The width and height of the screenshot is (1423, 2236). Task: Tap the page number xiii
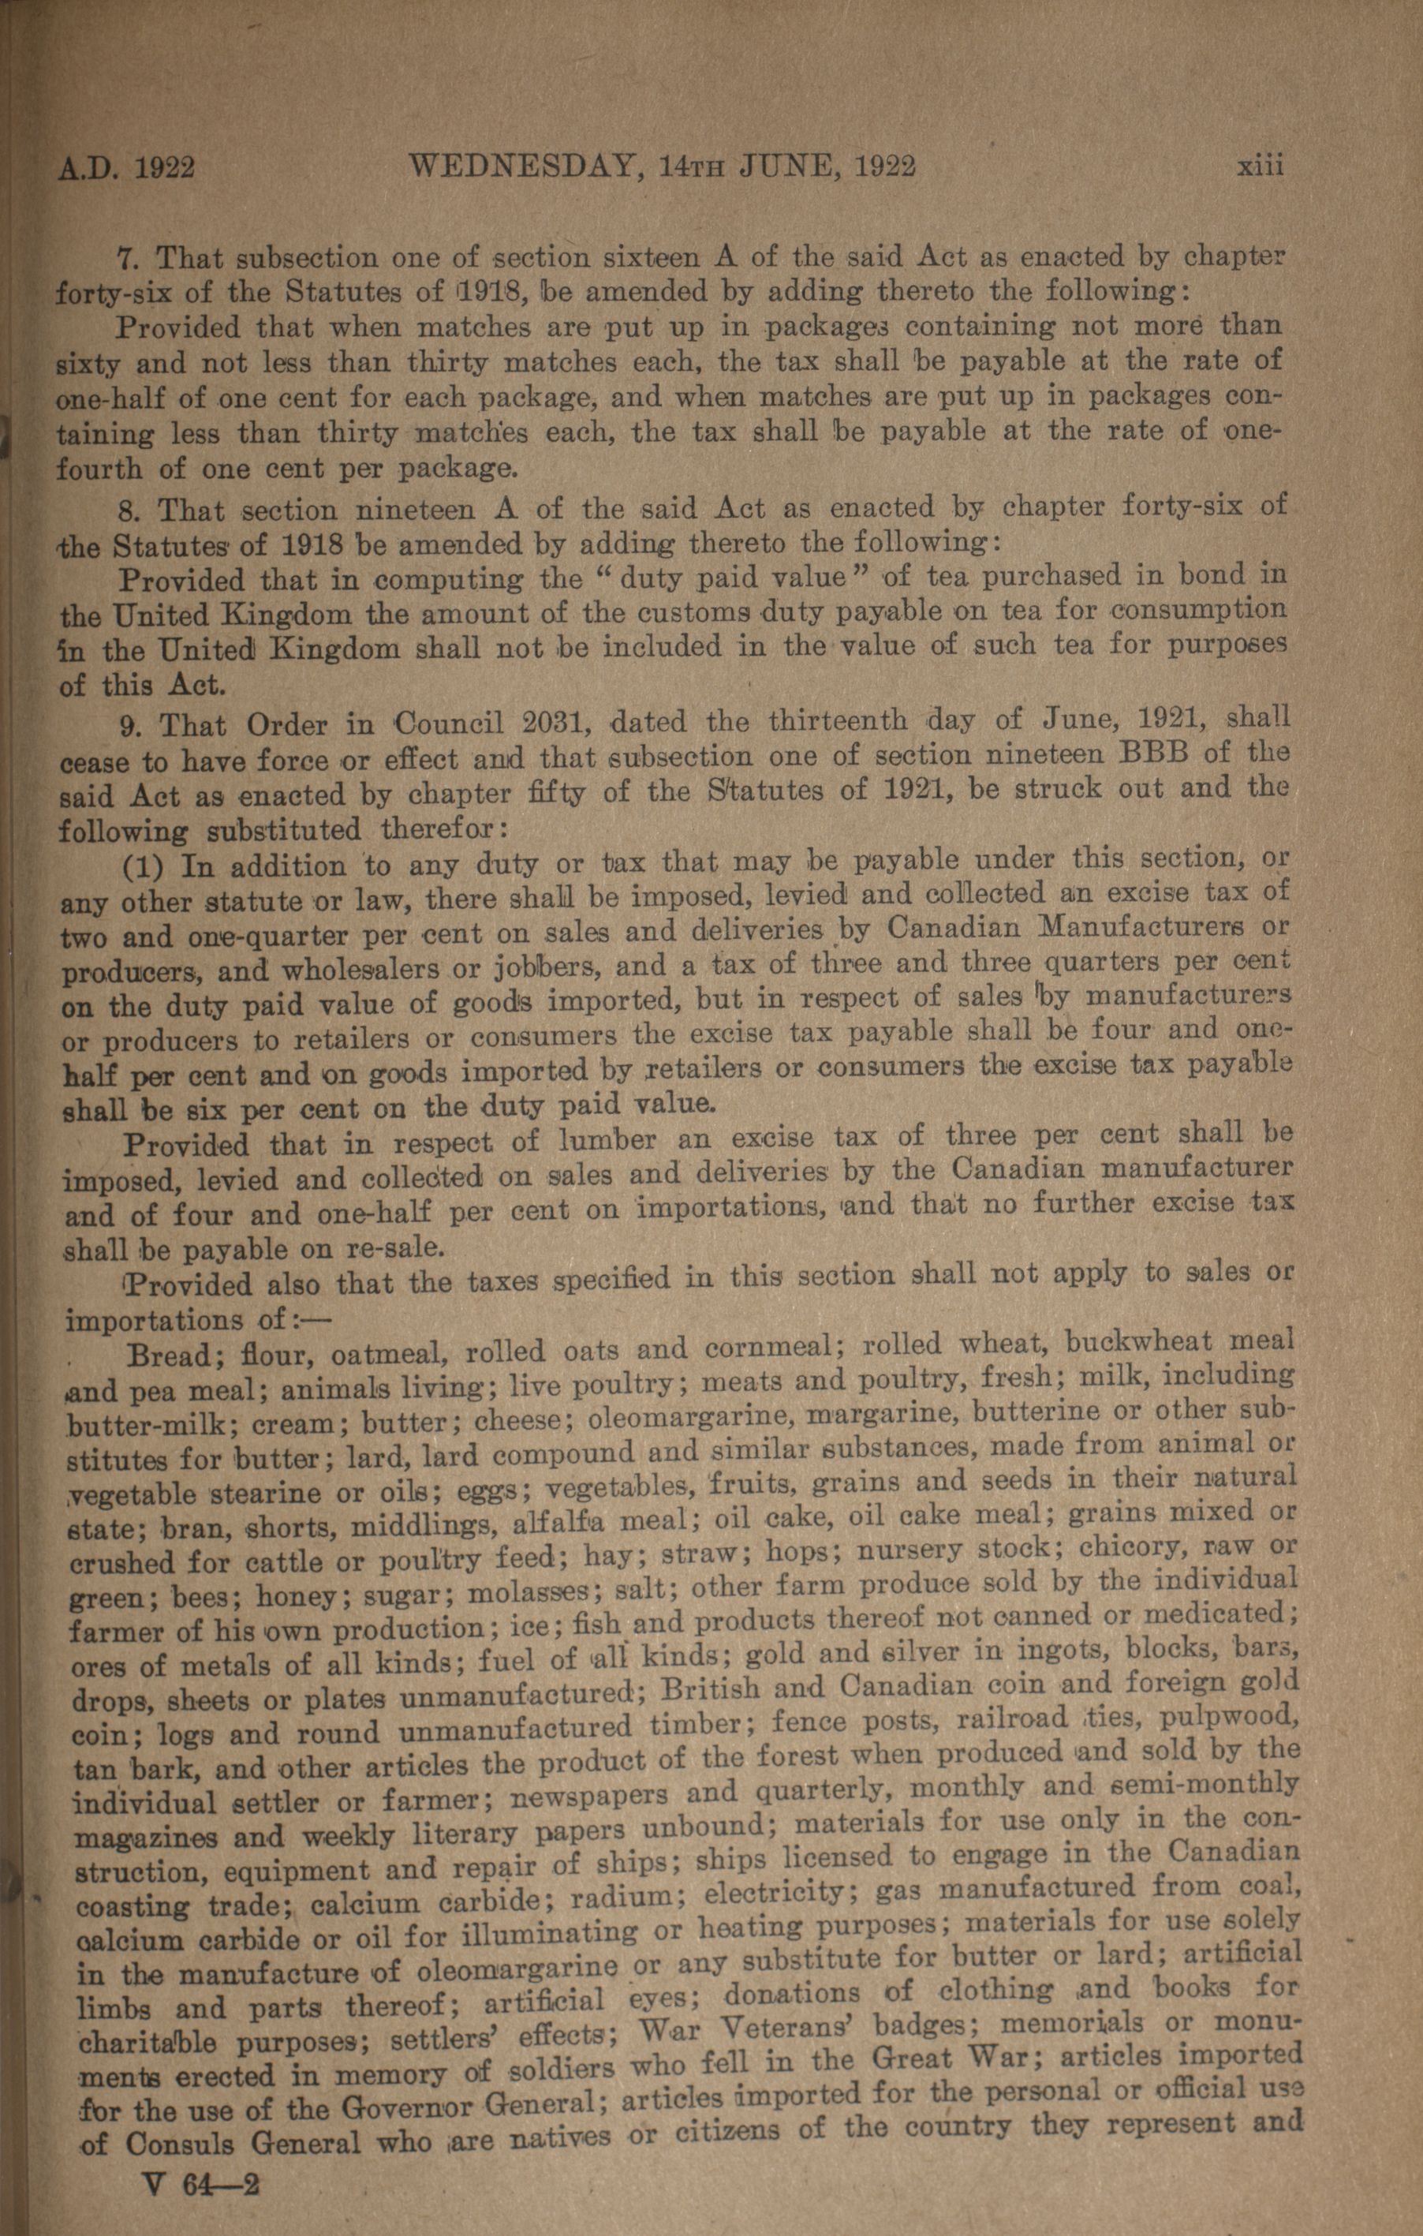pyautogui.click(x=1259, y=167)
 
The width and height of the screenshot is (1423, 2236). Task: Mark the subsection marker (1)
pyautogui.click(x=144, y=867)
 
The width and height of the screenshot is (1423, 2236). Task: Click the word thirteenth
pyautogui.click(x=841, y=720)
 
